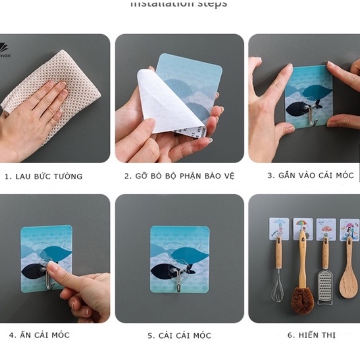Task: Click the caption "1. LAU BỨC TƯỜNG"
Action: (43, 176)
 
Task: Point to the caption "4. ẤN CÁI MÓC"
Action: (39, 335)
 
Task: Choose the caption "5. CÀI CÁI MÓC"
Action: (179, 336)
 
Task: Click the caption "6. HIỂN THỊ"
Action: (311, 335)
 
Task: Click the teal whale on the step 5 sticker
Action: (189, 254)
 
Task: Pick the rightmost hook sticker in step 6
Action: (349, 229)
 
